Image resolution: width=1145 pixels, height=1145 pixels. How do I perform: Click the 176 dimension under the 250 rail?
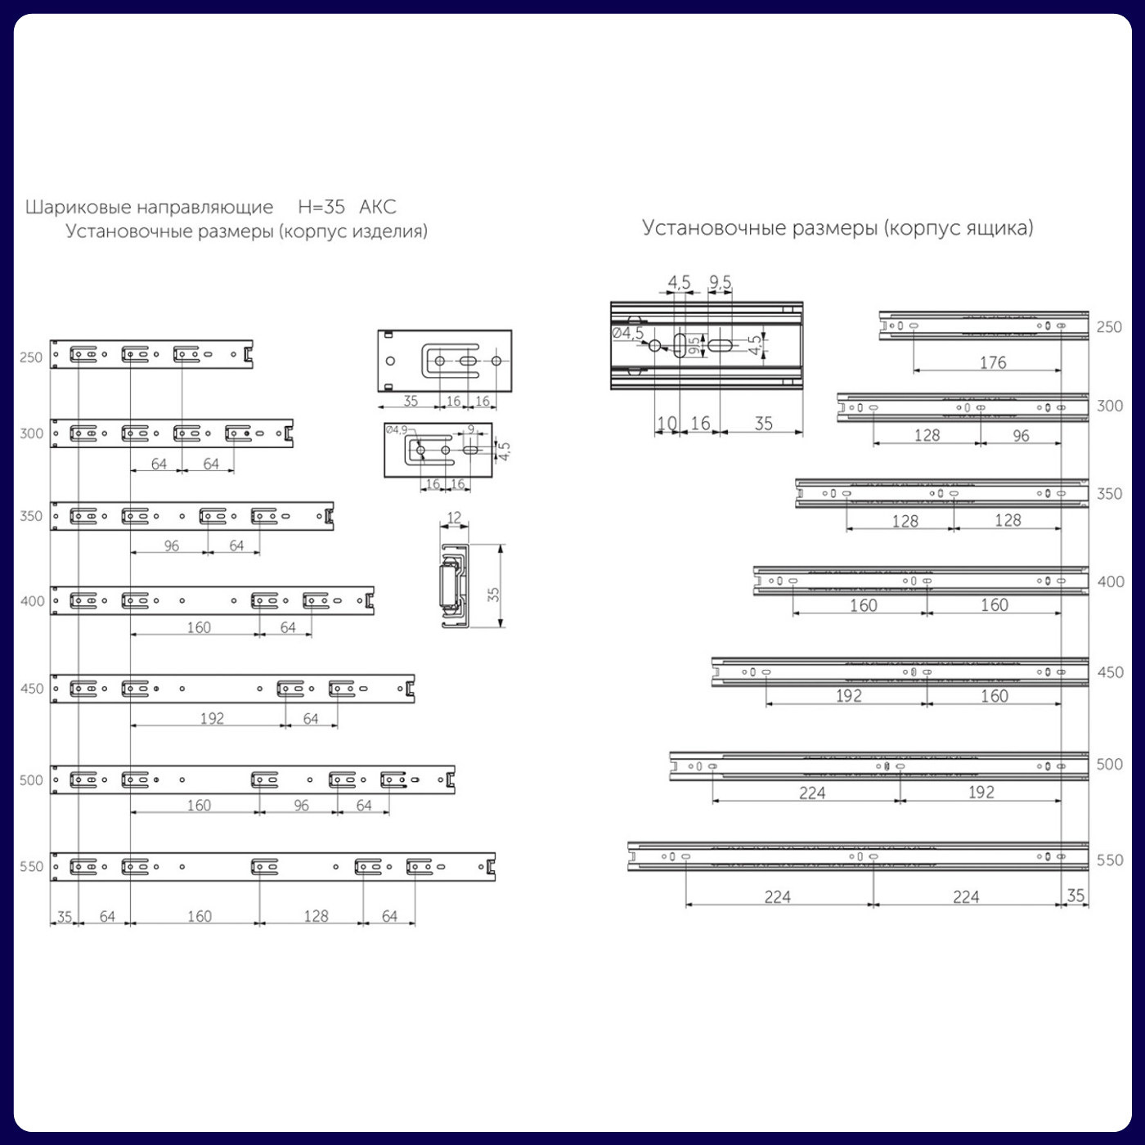993,362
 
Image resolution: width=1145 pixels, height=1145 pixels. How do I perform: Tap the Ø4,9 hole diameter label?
397,430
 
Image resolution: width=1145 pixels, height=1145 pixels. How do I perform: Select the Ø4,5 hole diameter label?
627,333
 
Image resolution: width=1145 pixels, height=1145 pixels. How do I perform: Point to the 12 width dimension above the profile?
454,518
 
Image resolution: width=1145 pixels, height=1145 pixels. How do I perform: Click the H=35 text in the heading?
321,207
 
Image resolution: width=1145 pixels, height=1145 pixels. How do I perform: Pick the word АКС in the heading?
378,207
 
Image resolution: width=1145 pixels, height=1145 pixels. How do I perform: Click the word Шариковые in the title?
78,207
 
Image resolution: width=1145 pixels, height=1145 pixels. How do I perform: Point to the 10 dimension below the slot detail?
667,424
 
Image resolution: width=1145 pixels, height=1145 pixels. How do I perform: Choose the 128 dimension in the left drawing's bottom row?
316,917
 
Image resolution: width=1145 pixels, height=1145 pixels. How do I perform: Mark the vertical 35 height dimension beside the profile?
493,595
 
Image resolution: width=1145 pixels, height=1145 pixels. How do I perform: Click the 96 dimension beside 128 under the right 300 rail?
1021,436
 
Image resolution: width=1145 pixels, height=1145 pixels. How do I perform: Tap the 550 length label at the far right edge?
1110,860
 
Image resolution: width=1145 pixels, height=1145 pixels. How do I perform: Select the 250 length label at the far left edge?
31,357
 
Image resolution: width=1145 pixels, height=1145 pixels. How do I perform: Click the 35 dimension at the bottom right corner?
1075,896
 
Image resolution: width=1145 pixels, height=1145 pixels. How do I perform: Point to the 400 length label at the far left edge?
33,601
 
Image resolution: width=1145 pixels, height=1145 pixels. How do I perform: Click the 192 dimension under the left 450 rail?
212,719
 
